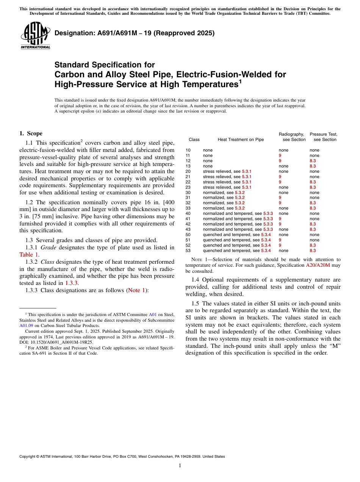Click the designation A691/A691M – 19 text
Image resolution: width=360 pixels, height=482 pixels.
[x=135, y=33]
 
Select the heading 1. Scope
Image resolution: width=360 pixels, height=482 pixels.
[x=31, y=133]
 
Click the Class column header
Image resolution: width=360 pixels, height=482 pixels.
[x=194, y=139]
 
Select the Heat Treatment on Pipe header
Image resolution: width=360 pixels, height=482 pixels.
[x=241, y=139]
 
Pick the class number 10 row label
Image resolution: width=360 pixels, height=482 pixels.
[x=188, y=150]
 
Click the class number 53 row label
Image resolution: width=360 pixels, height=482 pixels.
[x=188, y=251]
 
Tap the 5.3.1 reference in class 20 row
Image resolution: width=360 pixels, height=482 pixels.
[x=246, y=172]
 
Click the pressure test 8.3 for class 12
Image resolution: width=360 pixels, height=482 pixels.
[x=313, y=161]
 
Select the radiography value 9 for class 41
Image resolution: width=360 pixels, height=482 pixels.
[x=280, y=219]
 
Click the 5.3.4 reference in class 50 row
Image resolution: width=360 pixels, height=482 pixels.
[x=266, y=235]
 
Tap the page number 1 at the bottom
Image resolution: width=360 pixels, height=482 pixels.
[x=180, y=466]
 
